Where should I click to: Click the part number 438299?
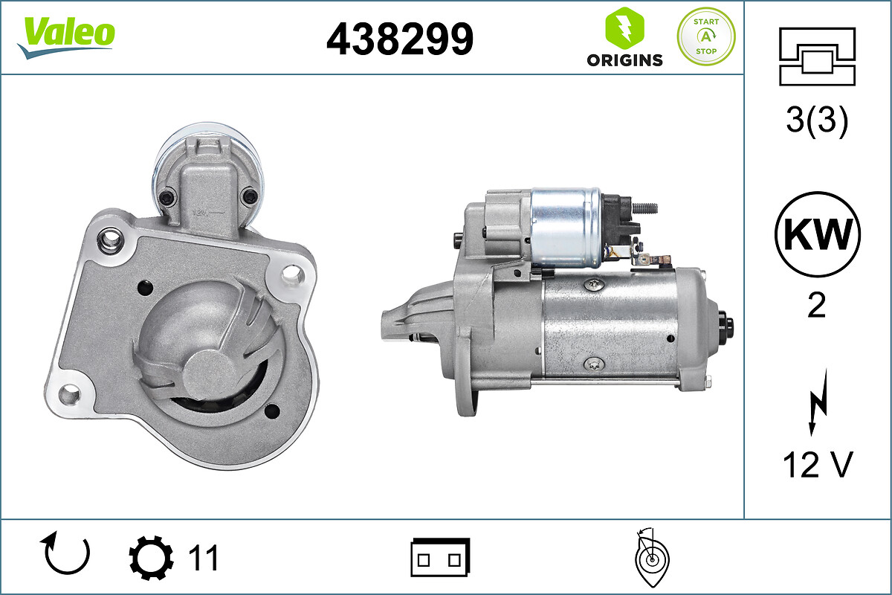click(x=400, y=39)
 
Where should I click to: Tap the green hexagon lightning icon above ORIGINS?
click(x=624, y=28)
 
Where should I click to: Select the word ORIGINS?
click(x=624, y=60)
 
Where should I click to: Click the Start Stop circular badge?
click(x=706, y=36)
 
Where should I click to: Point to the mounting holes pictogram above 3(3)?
click(x=817, y=57)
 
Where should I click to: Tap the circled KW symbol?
click(x=818, y=234)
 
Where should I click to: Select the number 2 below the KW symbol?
click(x=817, y=305)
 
